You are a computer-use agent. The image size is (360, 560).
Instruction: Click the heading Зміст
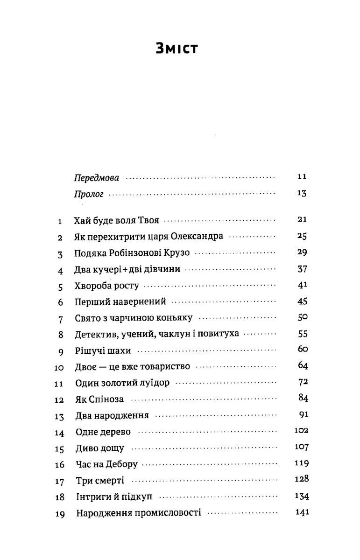(x=177, y=48)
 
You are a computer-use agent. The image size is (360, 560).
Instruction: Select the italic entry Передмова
(x=96, y=178)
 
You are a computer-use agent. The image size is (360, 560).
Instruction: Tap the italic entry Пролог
(x=88, y=194)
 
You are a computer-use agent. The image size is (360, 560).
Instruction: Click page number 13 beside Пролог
(x=301, y=194)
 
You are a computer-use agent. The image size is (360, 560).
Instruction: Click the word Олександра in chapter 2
(x=196, y=237)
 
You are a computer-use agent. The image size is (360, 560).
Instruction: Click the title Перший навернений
(x=120, y=302)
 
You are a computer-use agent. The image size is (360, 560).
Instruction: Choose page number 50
(x=302, y=318)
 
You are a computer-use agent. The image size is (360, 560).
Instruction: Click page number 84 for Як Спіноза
(x=303, y=398)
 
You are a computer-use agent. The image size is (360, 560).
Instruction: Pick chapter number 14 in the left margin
(x=59, y=433)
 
